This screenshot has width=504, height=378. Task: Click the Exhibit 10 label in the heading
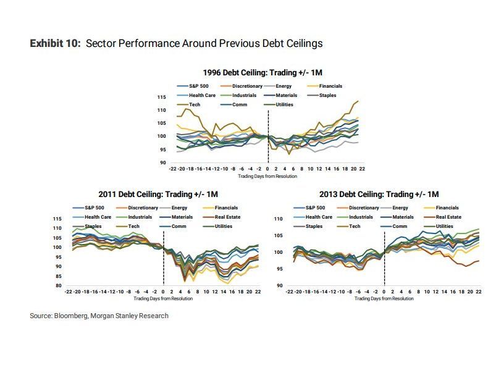pos(56,44)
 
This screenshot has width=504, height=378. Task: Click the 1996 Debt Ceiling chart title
pos(269,72)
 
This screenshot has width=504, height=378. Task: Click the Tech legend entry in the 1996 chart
pos(195,104)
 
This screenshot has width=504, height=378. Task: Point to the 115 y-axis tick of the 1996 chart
pos(162,98)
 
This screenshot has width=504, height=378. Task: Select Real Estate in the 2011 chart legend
pos(227,217)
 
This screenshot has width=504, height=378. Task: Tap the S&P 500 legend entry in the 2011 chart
pos(94,208)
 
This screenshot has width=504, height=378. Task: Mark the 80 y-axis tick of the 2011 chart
pos(58,285)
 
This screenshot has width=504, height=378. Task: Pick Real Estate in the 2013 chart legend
pos(448,217)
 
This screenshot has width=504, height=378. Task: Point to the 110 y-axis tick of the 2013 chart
pos(279,219)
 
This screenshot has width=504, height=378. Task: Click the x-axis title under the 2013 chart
pos(384,298)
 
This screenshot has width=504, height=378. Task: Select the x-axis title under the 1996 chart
pos(267,176)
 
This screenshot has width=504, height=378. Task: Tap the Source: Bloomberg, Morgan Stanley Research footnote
pos(99,316)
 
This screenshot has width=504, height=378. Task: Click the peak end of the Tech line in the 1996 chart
pos(358,101)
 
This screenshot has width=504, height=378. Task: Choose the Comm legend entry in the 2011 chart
pos(179,226)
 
